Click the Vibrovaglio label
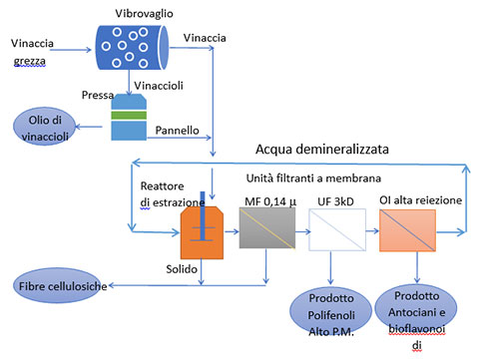(144, 14)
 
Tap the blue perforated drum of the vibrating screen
(133, 48)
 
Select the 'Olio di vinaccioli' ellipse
(45, 127)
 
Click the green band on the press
(129, 115)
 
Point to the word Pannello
(177, 131)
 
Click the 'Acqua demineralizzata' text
(322, 150)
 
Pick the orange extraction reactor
(202, 232)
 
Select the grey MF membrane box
(267, 228)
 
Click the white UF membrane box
(337, 229)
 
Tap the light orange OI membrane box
(407, 230)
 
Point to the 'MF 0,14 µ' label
(270, 201)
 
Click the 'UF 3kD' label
(335, 201)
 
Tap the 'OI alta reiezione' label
(420, 200)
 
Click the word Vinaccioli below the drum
(159, 86)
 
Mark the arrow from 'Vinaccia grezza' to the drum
(70, 50)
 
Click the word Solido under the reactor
(182, 269)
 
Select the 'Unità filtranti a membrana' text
(313, 179)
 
